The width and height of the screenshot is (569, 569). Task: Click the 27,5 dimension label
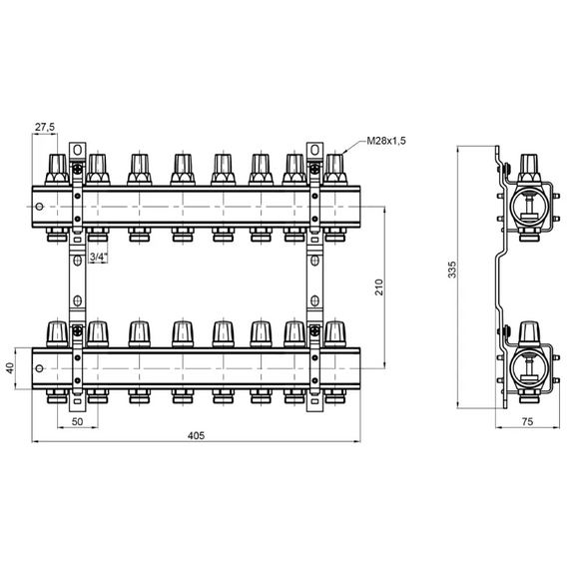[45, 127]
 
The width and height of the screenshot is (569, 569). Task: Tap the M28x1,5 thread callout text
[386, 141]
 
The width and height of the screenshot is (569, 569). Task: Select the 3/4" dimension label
[99, 257]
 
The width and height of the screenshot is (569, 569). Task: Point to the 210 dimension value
[379, 287]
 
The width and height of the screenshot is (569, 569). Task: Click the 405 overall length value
[196, 435]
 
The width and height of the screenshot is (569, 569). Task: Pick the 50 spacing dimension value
[77, 421]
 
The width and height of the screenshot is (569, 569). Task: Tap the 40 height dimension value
[10, 368]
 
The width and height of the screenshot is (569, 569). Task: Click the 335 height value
[452, 270]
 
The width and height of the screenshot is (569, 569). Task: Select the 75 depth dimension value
[527, 421]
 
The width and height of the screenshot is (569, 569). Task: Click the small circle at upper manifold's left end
[40, 207]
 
